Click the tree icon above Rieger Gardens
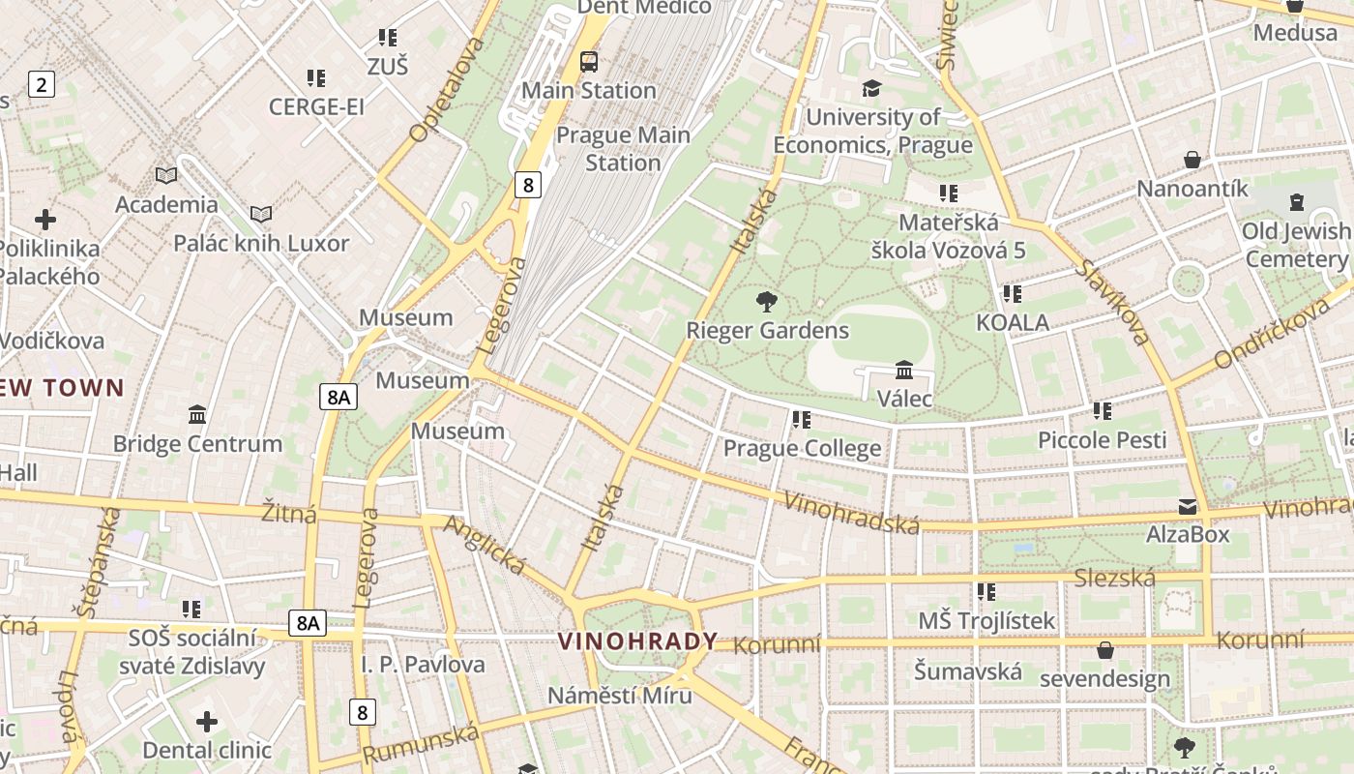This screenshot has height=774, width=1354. [x=767, y=301]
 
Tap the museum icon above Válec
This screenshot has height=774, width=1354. [x=904, y=370]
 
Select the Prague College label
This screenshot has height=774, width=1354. [x=802, y=448]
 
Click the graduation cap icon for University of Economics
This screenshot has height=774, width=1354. [x=871, y=89]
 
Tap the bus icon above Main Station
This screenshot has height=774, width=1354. [x=588, y=62]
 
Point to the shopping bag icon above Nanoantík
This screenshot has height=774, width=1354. [x=1192, y=160]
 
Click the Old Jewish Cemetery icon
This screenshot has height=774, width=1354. [x=1296, y=203]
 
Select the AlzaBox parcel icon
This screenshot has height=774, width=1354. [x=1188, y=506]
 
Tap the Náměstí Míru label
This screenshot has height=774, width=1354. [x=620, y=696]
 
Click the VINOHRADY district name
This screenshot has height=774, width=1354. [x=638, y=640]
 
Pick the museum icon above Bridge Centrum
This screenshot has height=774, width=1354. [x=197, y=415]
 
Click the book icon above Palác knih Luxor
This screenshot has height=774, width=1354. [x=260, y=214]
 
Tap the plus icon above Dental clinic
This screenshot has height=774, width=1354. [x=206, y=722]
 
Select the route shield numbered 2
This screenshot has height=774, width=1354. [x=41, y=84]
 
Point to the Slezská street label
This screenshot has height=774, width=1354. [x=1114, y=579]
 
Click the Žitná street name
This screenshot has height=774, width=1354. [x=289, y=513]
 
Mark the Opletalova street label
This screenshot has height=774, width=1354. [x=446, y=90]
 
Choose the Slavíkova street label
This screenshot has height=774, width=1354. [x=1112, y=303]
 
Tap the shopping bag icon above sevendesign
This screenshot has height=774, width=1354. [x=1104, y=650]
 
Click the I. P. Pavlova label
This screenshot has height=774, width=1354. [x=423, y=665]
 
